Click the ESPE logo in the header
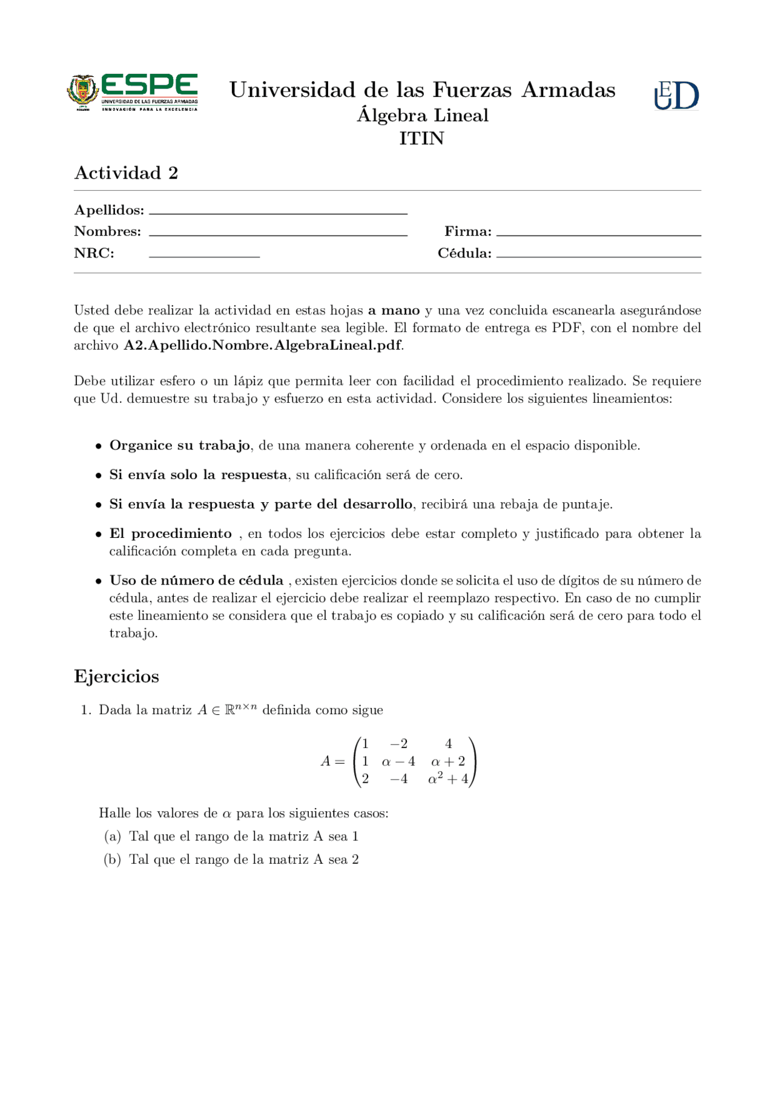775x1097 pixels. (132, 93)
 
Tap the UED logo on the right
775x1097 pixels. (676, 96)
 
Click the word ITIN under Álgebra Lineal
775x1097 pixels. (421, 139)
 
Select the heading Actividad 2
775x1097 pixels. (126, 173)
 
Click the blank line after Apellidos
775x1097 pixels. (278, 212)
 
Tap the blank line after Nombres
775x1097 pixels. (278, 233)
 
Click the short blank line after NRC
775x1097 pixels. (204, 256)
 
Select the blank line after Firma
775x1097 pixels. (598, 233)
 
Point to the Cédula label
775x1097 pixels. (464, 253)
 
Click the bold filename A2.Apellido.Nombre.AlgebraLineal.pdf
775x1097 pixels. (262, 345)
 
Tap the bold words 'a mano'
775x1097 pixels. (394, 311)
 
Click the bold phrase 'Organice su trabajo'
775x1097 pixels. (180, 446)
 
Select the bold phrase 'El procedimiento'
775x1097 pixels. (170, 534)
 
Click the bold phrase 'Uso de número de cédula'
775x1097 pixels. (196, 580)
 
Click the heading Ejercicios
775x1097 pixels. (116, 676)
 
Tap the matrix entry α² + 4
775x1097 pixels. (448, 779)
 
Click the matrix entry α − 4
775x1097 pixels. (398, 761)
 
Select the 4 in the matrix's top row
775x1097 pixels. (448, 744)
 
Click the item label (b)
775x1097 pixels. (113, 860)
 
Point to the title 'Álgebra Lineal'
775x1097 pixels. (422, 116)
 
